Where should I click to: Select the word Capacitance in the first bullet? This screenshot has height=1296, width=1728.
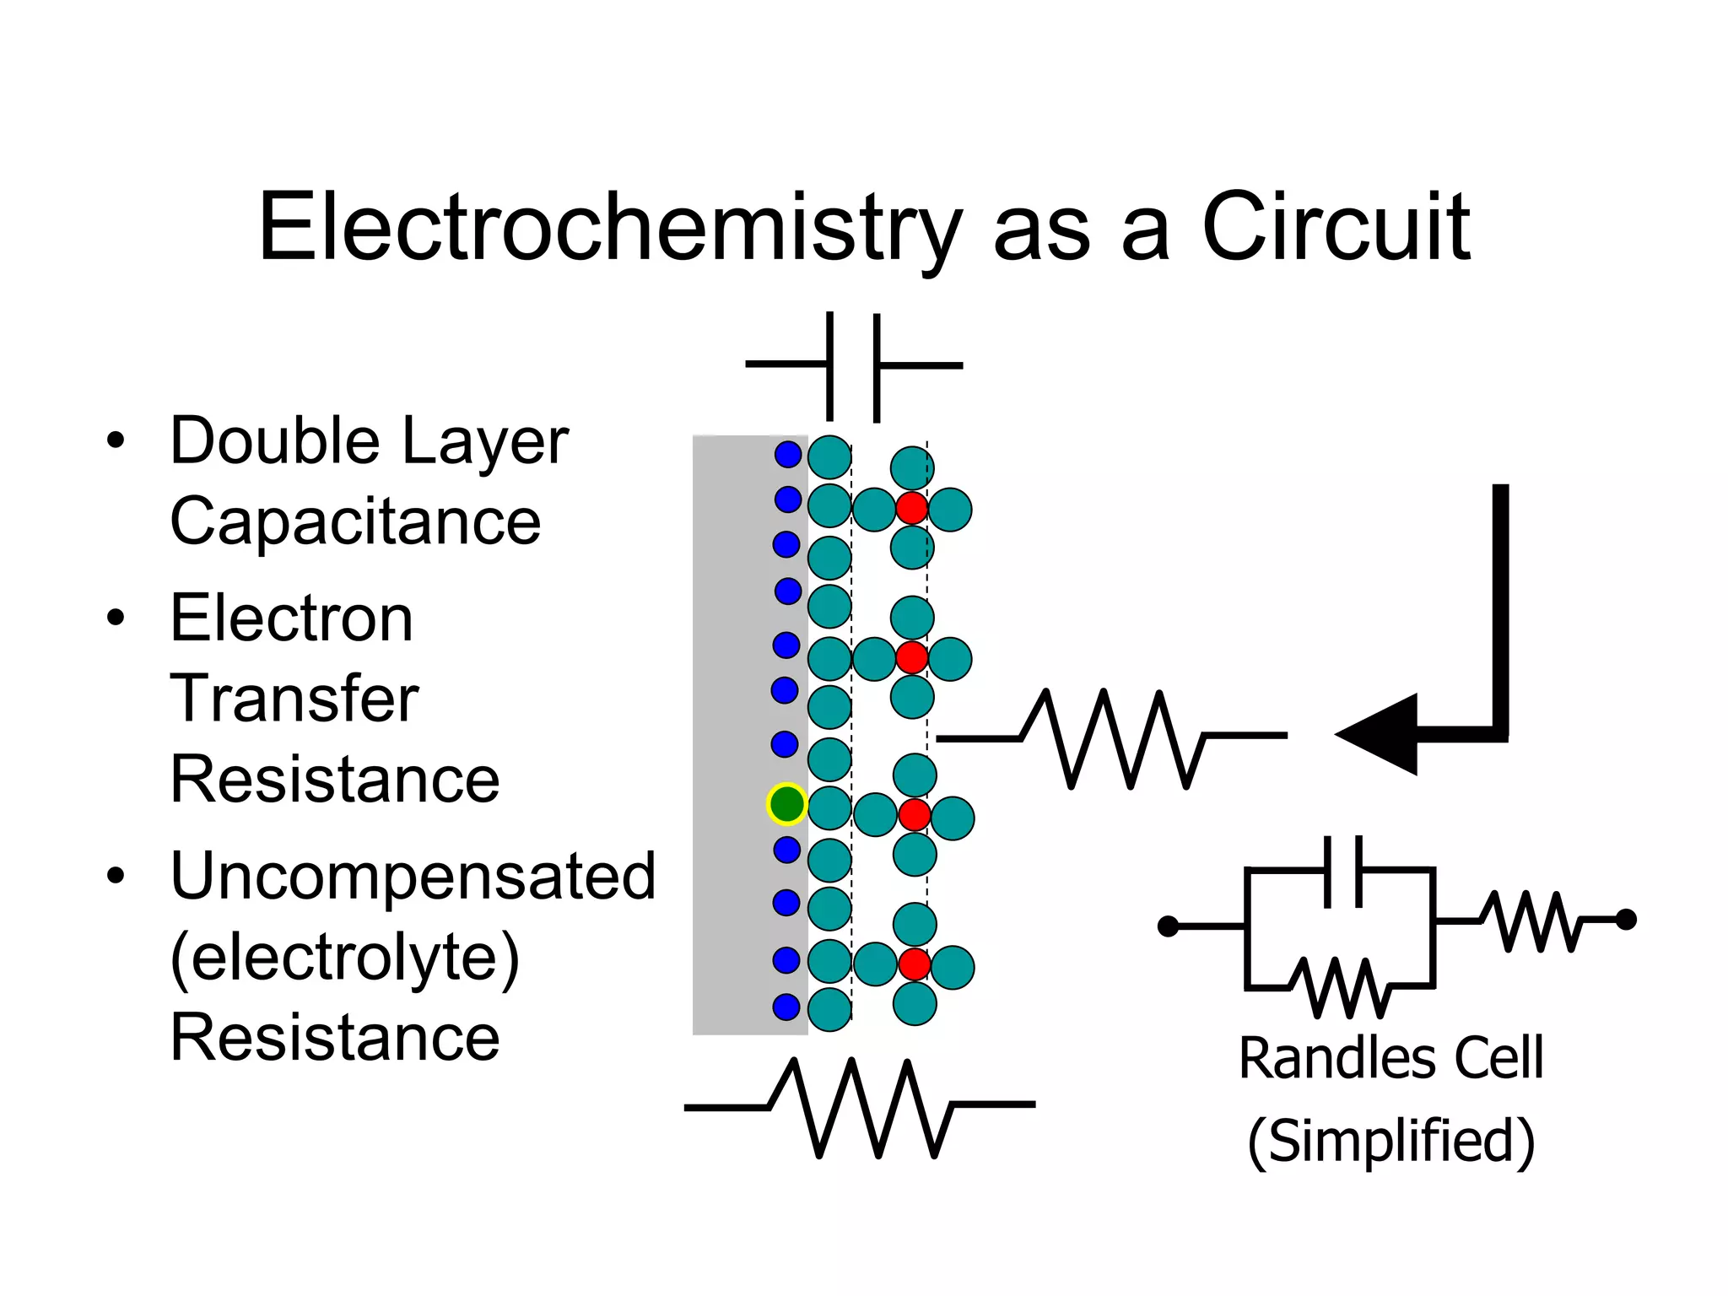click(355, 521)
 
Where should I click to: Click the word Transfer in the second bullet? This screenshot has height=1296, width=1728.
click(294, 699)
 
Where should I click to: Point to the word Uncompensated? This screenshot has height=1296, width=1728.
click(413, 876)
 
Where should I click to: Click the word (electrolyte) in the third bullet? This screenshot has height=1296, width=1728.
click(344, 957)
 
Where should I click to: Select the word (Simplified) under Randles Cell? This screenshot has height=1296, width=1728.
click(1390, 1141)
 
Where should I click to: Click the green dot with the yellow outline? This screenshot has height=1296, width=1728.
click(787, 803)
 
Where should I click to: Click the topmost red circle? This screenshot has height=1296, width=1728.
click(912, 508)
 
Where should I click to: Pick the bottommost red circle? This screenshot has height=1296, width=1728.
click(914, 964)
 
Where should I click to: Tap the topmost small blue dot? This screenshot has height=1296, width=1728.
click(788, 455)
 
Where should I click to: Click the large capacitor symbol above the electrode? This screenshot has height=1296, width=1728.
click(853, 366)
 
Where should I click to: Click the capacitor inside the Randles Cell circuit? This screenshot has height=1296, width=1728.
click(1342, 871)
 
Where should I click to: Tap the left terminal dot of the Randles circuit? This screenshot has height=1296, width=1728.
click(1168, 926)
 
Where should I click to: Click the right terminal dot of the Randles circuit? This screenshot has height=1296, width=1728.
click(1626, 920)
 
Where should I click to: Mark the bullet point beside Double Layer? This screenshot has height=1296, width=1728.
click(116, 440)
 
